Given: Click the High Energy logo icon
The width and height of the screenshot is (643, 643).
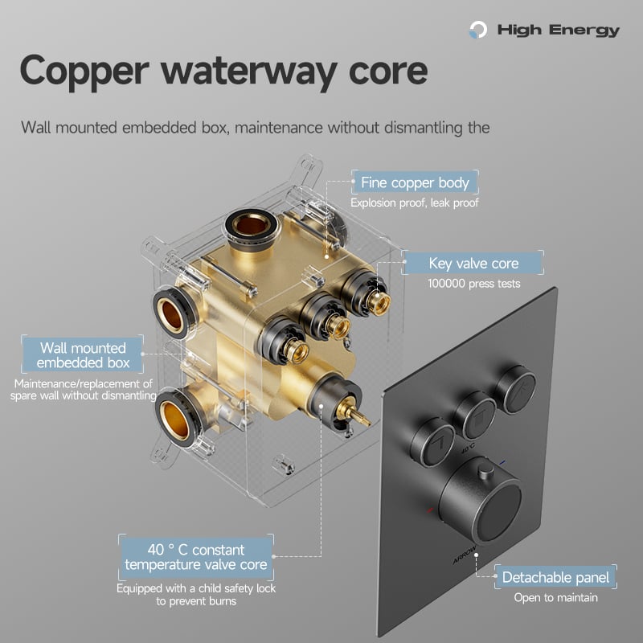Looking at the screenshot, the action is (478, 30).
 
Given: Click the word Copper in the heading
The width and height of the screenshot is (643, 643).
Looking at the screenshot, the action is (84, 72).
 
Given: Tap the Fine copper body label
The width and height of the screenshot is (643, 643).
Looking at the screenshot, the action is (415, 182).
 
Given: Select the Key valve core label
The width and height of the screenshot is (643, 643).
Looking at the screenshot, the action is (473, 263).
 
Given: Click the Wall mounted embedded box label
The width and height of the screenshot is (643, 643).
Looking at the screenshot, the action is (83, 355).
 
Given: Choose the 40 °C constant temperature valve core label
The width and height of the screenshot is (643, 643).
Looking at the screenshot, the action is (196, 557).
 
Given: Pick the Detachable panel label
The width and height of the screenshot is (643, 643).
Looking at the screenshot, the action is (555, 577).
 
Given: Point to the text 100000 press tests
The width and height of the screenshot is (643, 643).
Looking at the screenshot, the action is (474, 284).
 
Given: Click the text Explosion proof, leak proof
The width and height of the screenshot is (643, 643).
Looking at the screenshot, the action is (415, 203).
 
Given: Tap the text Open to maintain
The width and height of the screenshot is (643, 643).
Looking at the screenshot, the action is (555, 597).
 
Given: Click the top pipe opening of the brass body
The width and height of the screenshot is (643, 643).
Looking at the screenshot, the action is (251, 225).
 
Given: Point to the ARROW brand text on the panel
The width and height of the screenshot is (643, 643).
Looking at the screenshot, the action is (465, 554).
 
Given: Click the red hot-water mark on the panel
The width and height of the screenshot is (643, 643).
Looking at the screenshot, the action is (429, 510).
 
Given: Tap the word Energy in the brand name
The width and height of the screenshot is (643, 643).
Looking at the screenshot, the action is (584, 31).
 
